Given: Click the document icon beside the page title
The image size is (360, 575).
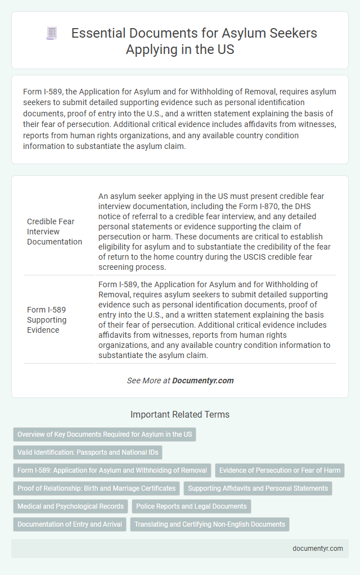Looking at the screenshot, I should pyautogui.click(x=52, y=34).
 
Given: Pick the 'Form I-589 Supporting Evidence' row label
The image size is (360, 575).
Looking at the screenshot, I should pyautogui.click(x=47, y=319).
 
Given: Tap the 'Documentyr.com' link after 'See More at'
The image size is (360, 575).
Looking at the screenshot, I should pyautogui.click(x=202, y=381).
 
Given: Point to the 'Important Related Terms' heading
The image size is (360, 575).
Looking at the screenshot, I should pyautogui.click(x=180, y=415).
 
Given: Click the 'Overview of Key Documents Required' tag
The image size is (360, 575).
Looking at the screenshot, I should pyautogui.click(x=105, y=434).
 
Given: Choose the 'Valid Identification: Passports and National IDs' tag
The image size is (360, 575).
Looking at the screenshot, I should pyautogui.click(x=87, y=452).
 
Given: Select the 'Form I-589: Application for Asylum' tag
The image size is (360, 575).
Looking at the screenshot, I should pyautogui.click(x=112, y=470).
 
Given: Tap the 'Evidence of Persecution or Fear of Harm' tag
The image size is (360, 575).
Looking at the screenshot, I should pyautogui.click(x=280, y=470).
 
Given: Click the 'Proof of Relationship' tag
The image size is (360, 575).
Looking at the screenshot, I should pyautogui.click(x=96, y=488).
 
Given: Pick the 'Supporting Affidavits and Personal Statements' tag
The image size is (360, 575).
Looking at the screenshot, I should pyautogui.click(x=258, y=488).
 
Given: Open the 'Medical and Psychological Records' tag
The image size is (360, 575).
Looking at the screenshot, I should pyautogui.click(x=70, y=506).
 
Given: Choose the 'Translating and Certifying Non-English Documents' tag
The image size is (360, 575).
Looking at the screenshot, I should pyautogui.click(x=209, y=524).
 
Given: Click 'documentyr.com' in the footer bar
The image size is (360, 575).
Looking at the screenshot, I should pyautogui.click(x=318, y=549).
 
